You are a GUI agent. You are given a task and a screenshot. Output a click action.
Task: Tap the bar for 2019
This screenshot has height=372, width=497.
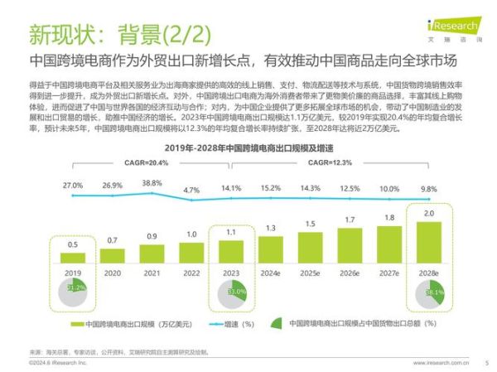pyautogui.click(x=73, y=258)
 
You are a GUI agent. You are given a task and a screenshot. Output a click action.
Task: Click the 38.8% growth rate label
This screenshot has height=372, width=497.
pyautogui.click(x=152, y=182)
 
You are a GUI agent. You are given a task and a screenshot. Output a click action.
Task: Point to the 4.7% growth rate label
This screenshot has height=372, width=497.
pyautogui.click(x=191, y=190)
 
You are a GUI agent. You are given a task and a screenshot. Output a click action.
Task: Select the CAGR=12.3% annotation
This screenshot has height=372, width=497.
pyautogui.click(x=331, y=163)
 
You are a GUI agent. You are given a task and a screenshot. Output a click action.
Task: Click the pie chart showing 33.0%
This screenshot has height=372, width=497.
pyautogui.click(x=231, y=292)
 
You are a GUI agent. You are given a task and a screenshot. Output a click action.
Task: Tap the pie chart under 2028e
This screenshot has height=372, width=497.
pyautogui.click(x=427, y=292)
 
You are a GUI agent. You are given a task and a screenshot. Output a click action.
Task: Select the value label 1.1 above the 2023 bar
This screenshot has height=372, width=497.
pyautogui.click(x=231, y=234)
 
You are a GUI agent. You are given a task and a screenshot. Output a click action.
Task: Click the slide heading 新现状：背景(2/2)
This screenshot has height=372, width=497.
pyautogui.click(x=121, y=35)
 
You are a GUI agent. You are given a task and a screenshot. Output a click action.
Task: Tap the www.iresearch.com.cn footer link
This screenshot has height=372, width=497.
pyautogui.click(x=440, y=363)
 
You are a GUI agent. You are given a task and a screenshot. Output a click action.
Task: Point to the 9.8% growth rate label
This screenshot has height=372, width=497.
pyautogui.click(x=427, y=188)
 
